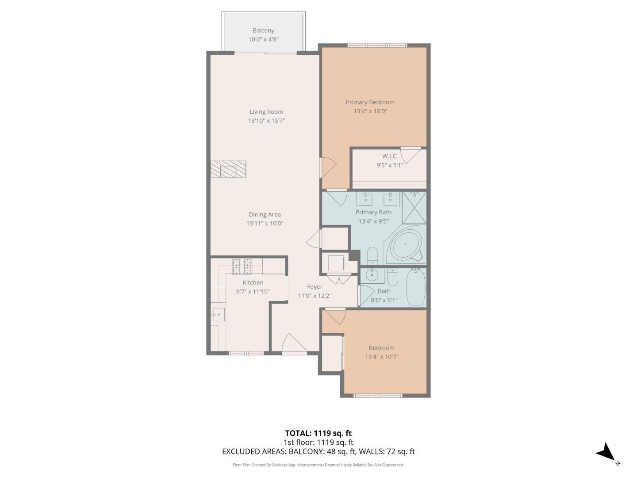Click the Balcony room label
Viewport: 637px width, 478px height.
pos(263,31)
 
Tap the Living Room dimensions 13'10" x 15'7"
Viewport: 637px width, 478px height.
pos(266,120)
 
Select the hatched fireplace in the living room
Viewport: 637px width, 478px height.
pos(228,169)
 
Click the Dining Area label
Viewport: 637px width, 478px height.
pos(265,215)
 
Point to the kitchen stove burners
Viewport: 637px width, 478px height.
pos(242,266)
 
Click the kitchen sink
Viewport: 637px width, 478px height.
pos(218,315)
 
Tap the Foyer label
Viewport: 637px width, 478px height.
pos(315,287)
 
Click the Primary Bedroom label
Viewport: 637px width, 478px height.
pos(370,102)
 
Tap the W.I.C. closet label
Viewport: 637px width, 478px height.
pos(390,156)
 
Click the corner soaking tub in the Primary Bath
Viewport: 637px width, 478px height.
pos(405,245)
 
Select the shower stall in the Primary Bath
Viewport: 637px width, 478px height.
pos(414,207)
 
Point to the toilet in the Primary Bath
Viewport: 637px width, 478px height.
pos(372,256)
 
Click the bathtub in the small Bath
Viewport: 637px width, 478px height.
pos(415,288)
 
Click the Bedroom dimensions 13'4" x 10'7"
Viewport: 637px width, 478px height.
pos(381,357)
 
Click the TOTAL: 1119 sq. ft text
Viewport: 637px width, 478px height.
pos(318,433)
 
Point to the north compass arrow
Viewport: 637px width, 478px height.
pos(606,453)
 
